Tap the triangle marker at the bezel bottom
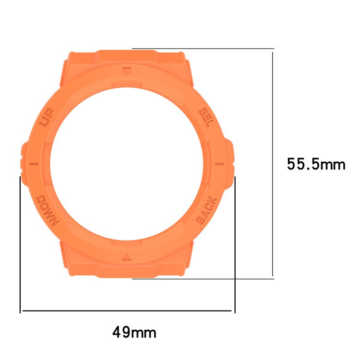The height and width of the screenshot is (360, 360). point(126,255)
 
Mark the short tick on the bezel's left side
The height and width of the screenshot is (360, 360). point(34,164)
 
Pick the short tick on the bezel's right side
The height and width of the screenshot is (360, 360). point(218,164)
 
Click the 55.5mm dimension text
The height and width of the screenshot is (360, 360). point(316,165)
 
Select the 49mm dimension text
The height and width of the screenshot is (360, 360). point(134,332)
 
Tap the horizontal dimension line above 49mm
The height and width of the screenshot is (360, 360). point(127,311)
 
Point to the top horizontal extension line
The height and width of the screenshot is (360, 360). point(202,48)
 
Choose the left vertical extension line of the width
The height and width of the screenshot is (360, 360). point(20,245)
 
